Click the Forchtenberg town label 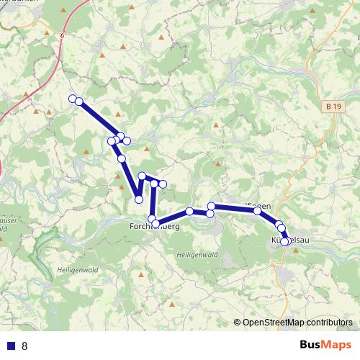154,226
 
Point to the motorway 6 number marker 63,34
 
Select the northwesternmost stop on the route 72,99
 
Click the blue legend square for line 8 11,346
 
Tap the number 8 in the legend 24,346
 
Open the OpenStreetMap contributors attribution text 297,323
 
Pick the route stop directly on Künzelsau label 285,241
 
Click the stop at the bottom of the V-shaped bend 139,199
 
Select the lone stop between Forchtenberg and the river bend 189,211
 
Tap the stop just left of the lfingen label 211,207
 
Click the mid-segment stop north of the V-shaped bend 122,158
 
